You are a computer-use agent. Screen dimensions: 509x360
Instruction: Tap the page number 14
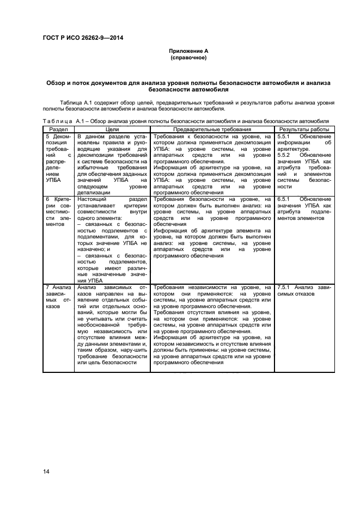coord(46,471)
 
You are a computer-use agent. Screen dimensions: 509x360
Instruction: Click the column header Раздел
coord(58,130)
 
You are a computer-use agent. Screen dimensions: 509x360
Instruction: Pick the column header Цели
coord(112,130)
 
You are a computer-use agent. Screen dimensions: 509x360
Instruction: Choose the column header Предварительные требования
coord(212,130)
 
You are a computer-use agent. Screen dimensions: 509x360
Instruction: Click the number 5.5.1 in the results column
coord(284,137)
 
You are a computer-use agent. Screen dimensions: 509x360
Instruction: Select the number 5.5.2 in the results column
coord(284,155)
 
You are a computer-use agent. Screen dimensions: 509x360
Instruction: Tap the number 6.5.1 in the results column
coord(284,200)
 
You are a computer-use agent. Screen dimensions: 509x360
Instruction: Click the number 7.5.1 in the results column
coord(284,287)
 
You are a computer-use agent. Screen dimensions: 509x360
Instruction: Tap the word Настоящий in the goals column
coord(90,200)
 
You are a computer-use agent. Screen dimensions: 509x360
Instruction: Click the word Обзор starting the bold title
coord(57,82)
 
